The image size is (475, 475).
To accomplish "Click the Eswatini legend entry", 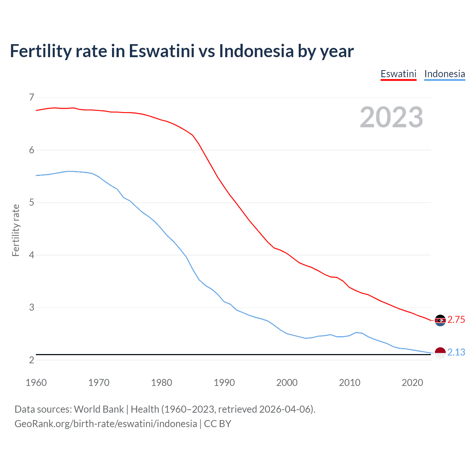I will [398, 74].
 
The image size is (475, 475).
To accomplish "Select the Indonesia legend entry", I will [444, 74].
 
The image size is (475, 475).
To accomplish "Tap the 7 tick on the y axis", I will [32, 97].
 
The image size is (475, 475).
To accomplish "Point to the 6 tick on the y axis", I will [32, 150].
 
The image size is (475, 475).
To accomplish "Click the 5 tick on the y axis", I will [32, 203].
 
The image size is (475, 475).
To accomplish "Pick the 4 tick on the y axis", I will [32, 255].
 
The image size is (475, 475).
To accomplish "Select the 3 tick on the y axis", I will [32, 308].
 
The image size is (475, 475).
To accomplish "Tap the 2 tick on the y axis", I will [32, 360].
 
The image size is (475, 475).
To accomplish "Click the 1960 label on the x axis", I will [36, 383].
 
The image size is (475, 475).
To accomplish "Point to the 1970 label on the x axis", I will [99, 383].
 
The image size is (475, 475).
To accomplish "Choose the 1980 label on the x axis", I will [161, 383].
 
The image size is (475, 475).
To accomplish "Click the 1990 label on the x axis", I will [224, 383].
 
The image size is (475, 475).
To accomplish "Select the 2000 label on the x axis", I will [287, 383].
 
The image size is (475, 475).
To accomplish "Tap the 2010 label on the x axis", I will [350, 383].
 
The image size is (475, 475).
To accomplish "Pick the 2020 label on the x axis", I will [412, 383].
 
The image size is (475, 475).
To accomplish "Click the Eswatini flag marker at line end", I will [440, 320].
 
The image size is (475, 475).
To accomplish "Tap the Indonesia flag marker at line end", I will [440, 353].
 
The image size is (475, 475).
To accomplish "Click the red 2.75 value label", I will [456, 320].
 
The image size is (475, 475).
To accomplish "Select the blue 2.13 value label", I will [456, 353].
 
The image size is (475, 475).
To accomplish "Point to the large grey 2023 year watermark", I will [392, 117].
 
